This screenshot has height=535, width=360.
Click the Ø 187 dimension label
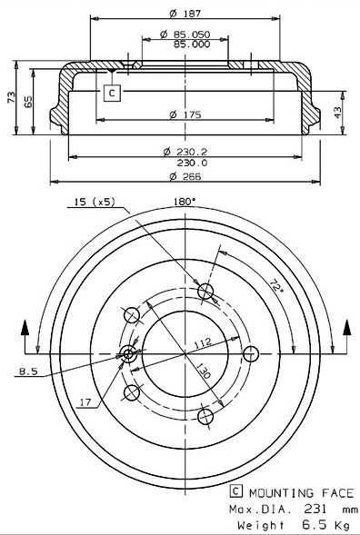click(185, 14)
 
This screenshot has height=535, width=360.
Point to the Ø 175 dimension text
click(185, 114)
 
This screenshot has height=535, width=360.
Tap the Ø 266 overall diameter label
click(185, 176)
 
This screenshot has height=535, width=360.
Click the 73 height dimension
click(12, 97)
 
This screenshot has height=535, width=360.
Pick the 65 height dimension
click(29, 102)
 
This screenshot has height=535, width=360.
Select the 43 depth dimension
click(338, 113)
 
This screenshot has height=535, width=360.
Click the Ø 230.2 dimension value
click(185, 152)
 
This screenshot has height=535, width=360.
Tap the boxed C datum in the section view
click(113, 93)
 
